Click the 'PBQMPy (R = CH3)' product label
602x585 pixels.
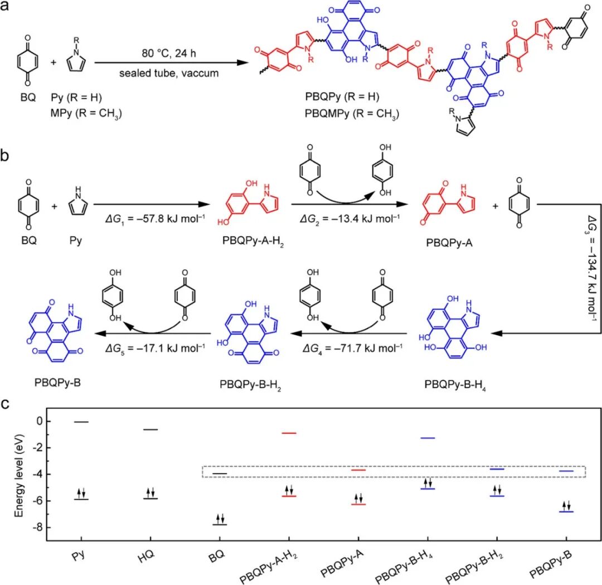click(352, 117)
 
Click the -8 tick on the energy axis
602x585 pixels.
click(38, 528)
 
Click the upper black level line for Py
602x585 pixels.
click(81, 422)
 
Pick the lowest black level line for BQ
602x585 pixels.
click(220, 524)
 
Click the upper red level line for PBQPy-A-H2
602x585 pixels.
click(288, 433)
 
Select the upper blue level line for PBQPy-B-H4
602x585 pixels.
click(428, 438)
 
